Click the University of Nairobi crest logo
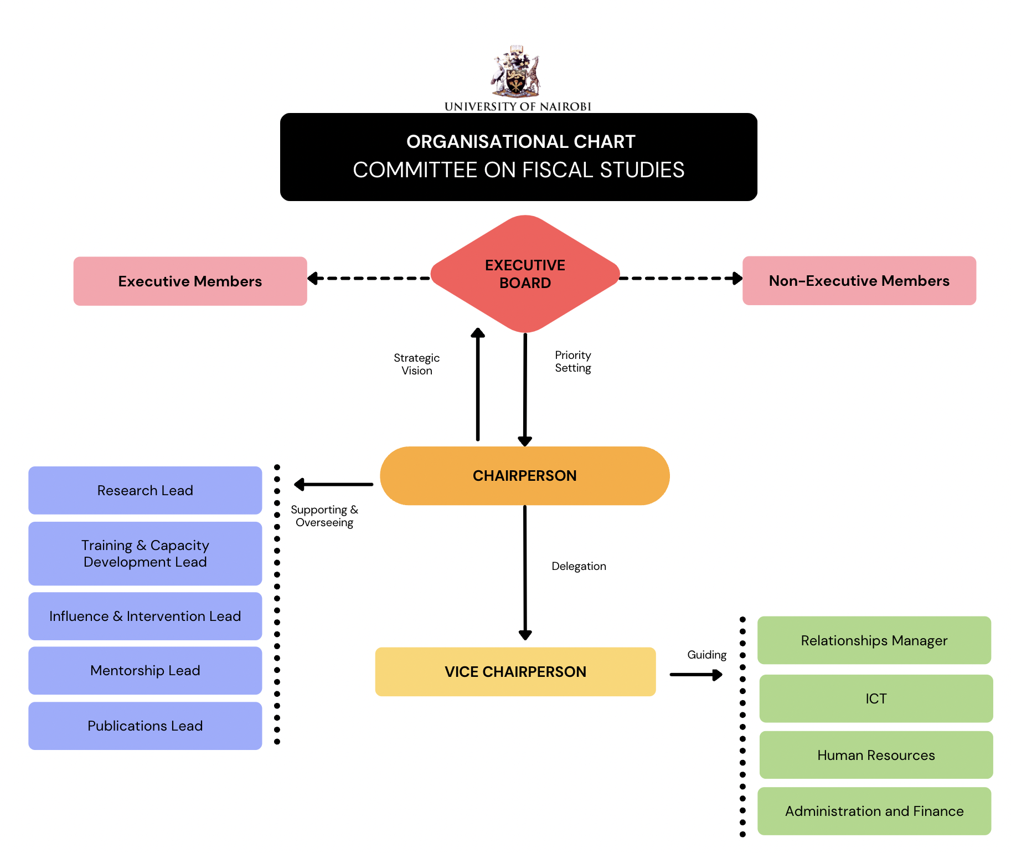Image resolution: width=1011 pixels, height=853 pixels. click(x=516, y=72)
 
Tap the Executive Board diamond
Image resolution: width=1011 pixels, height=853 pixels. click(x=525, y=274)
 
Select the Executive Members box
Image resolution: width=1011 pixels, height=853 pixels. click(x=190, y=281)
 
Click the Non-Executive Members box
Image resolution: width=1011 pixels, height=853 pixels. click(x=859, y=280)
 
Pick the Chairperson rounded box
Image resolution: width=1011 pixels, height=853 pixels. click(x=524, y=476)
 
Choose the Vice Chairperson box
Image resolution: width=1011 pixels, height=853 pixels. click(x=515, y=671)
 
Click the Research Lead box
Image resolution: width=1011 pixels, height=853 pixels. click(x=145, y=490)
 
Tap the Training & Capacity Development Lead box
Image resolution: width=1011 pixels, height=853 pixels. click(x=145, y=553)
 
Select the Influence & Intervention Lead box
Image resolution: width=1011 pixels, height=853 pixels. click(x=145, y=616)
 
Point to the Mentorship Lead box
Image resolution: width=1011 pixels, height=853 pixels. click(x=145, y=670)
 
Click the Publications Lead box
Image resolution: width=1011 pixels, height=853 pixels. click(x=145, y=726)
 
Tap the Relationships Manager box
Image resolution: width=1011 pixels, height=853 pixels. click(x=874, y=640)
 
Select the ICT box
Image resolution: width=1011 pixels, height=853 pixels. click(x=876, y=698)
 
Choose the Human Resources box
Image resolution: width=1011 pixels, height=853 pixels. click(x=876, y=755)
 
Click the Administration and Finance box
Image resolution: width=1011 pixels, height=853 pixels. click(x=874, y=811)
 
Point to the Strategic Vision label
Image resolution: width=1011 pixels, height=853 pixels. click(x=416, y=364)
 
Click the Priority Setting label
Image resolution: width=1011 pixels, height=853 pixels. click(x=573, y=361)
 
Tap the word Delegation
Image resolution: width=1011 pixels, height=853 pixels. click(x=579, y=566)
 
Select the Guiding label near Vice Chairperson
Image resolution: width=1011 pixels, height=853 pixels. click(x=706, y=655)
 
